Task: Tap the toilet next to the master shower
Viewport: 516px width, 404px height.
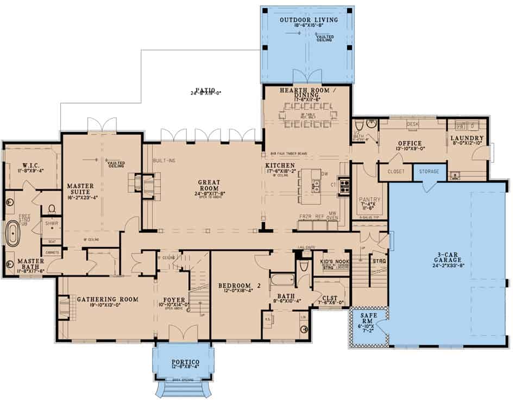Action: click(x=52, y=209)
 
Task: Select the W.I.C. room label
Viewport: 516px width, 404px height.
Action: click(x=33, y=165)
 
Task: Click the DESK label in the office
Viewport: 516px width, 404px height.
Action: click(x=413, y=124)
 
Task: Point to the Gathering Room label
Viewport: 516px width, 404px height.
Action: click(x=108, y=299)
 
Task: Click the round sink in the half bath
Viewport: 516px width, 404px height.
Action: click(x=371, y=123)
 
